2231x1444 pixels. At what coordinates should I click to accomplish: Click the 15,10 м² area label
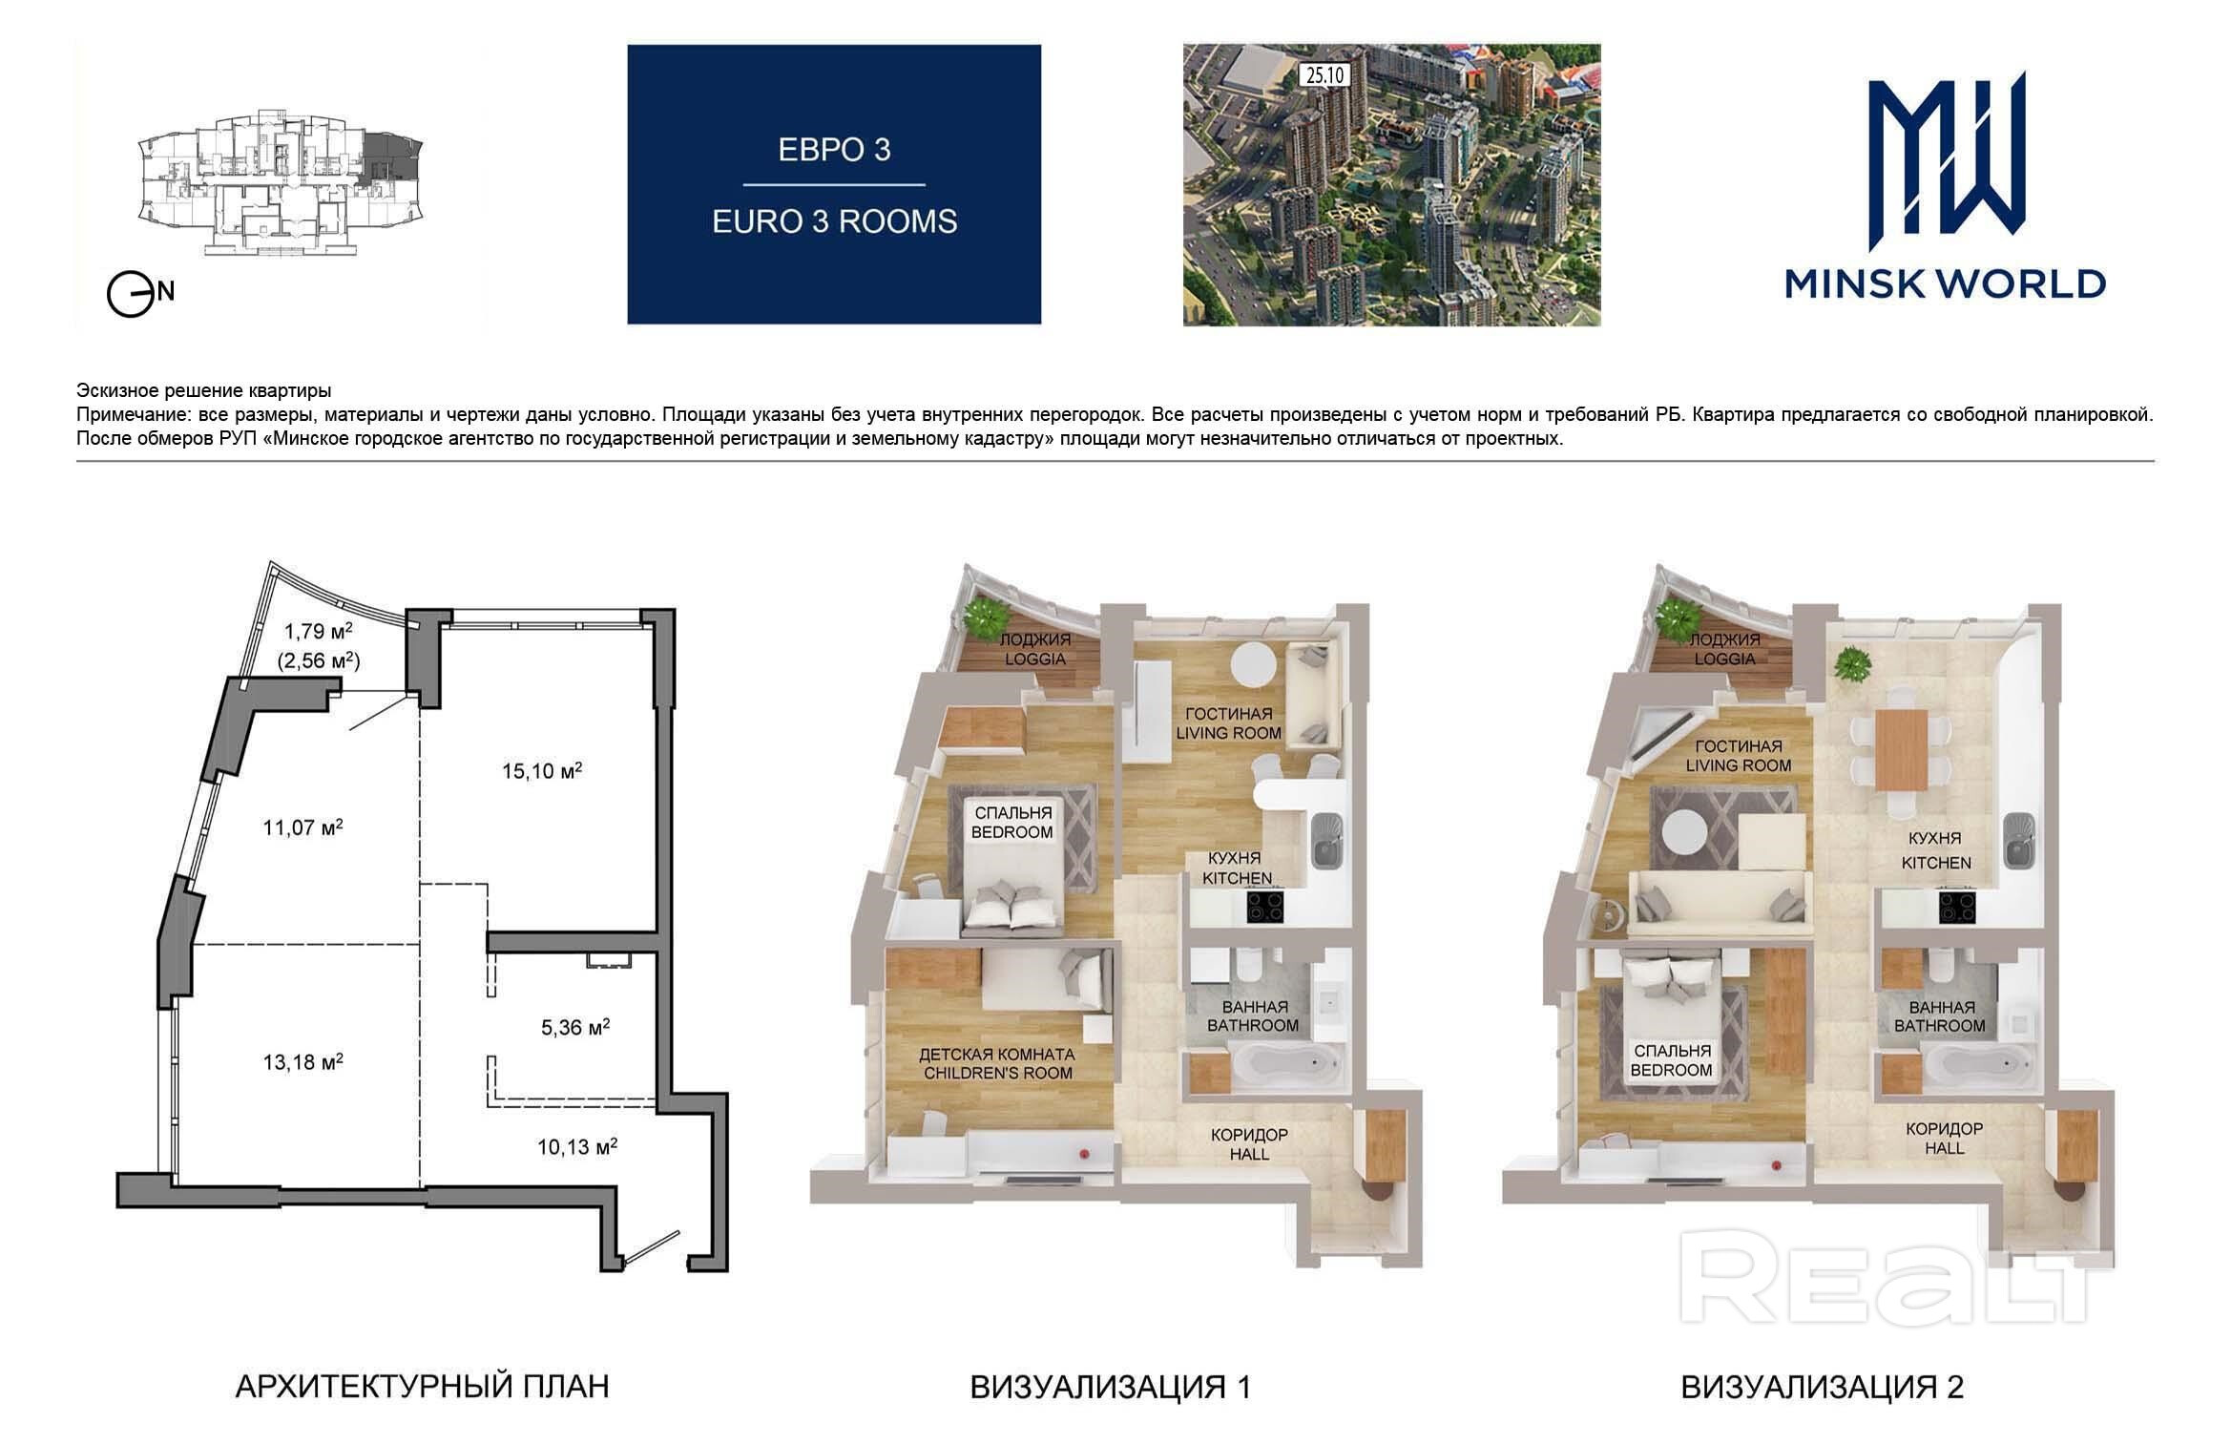542,770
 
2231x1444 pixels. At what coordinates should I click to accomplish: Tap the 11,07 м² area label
302,827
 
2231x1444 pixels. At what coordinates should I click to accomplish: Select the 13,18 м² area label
302,1060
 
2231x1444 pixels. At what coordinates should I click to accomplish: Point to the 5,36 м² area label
575,1027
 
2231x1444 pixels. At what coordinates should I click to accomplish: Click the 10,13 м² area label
576,1145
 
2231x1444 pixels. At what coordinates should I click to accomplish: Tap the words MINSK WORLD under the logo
1946,284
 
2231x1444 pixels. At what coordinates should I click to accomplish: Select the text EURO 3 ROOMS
834,221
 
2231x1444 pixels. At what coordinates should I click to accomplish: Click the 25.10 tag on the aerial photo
1324,74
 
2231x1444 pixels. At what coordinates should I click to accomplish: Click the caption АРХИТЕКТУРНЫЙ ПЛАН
422,1387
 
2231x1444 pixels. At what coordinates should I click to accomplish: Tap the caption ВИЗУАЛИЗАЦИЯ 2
1822,1387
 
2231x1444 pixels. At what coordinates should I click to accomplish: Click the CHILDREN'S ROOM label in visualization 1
996,1073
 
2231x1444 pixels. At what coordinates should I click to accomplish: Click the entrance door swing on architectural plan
652,1251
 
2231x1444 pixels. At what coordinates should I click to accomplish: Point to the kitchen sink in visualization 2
2018,840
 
